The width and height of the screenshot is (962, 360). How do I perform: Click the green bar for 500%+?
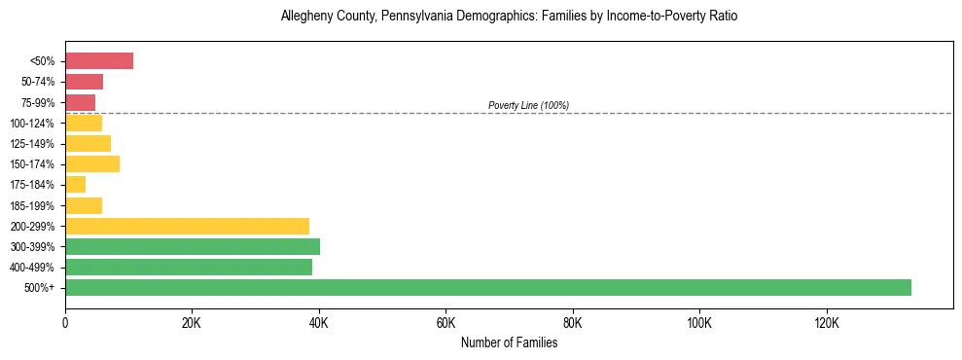point(487,287)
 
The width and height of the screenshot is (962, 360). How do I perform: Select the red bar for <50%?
point(99,61)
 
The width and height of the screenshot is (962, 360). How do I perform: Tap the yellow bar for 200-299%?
point(187,226)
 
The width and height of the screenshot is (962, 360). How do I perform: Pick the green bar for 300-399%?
point(193,246)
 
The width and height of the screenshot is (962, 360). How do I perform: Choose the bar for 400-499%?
point(189,267)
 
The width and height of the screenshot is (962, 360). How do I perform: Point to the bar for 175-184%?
point(76,185)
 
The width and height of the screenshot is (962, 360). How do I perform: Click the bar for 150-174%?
point(92,164)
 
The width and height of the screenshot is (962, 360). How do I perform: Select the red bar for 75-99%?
point(81,102)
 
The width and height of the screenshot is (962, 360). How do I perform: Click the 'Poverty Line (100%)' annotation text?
point(528,105)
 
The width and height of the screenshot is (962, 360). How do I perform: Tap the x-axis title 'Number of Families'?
point(509,342)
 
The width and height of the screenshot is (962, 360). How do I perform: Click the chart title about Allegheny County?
point(509,17)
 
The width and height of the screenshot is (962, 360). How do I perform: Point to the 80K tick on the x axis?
point(573,322)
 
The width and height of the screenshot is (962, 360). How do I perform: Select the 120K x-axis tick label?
point(826,322)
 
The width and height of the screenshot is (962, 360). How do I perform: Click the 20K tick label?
point(192,322)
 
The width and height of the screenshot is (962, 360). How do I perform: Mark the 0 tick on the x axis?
point(65,322)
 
